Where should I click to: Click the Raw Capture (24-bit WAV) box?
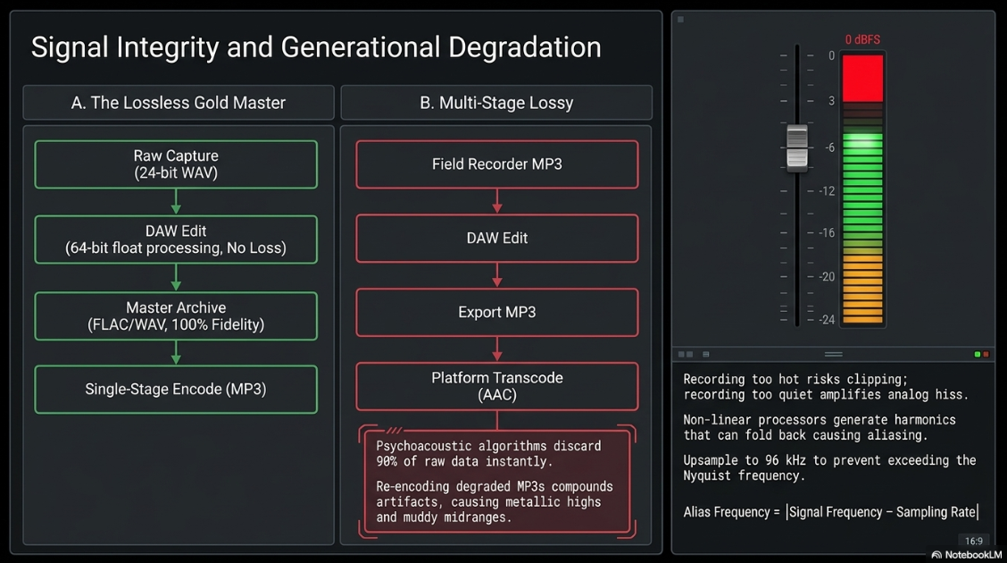point(176,164)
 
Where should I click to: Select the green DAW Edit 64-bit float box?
point(176,239)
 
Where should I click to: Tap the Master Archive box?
point(176,316)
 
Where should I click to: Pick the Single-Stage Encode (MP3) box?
point(176,390)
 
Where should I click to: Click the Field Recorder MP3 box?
point(497,164)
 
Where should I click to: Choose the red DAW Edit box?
point(497,239)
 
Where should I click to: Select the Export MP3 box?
point(497,313)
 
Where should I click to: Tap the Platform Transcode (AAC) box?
point(497,386)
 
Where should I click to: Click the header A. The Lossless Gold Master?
point(179,103)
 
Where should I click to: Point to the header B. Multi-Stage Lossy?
point(496,103)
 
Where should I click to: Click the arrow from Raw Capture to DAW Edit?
point(176,202)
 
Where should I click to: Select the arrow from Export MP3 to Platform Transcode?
point(497,349)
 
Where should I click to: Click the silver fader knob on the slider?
point(797,147)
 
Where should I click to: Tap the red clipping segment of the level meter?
point(862,79)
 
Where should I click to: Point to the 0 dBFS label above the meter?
point(862,40)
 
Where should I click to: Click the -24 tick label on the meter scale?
point(828,319)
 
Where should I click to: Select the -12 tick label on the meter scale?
point(828,191)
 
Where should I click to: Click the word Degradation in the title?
point(525,47)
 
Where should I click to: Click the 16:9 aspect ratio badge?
point(974,542)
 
